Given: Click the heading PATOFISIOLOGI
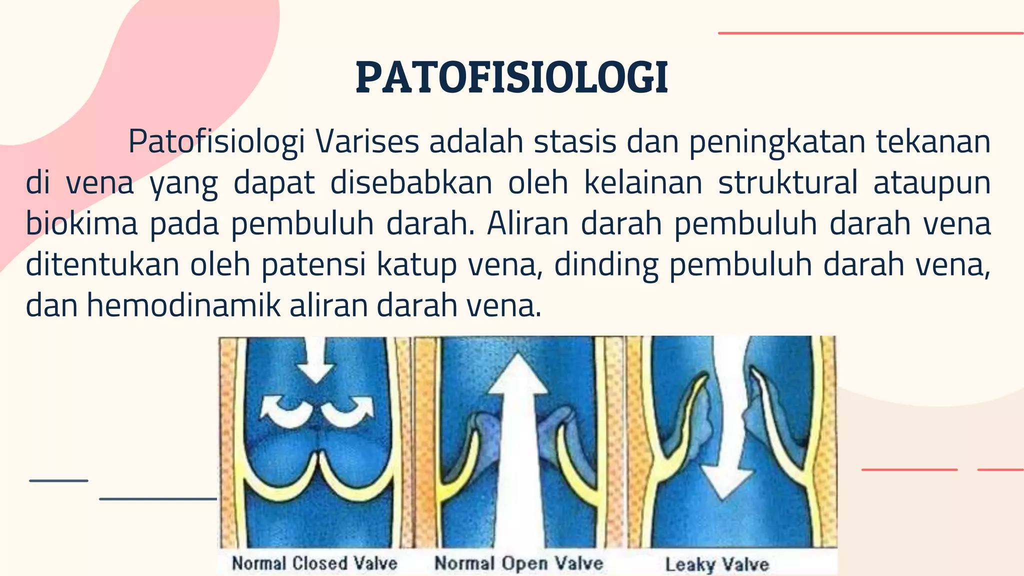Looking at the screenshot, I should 512,78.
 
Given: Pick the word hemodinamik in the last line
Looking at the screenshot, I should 183,305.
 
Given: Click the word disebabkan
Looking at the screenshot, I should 411,182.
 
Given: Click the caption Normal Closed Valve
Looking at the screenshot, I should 314,563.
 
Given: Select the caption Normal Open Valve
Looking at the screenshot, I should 518,563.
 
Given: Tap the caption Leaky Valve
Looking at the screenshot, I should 717,565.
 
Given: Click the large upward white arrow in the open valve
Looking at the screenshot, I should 518,450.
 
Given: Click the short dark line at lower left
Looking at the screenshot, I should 58,481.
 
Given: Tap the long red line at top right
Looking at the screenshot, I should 870,33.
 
